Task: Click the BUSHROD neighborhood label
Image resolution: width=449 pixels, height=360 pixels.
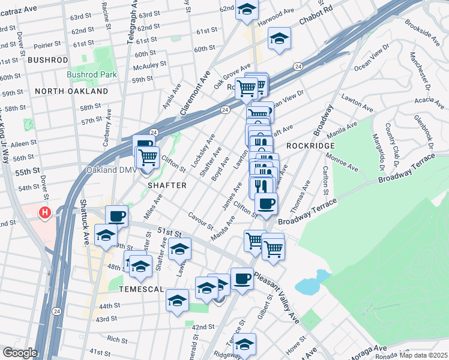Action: tap(48, 61)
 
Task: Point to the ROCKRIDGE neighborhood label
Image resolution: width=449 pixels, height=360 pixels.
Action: tap(310, 146)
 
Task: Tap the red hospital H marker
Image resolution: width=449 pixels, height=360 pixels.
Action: tap(44, 212)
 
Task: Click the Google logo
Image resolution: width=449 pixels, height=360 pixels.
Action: tap(20, 353)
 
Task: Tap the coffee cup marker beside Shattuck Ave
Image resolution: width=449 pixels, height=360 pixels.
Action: tap(116, 216)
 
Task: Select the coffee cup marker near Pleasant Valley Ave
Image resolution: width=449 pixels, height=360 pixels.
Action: tap(242, 278)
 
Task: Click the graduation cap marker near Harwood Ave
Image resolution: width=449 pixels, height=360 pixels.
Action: tap(247, 9)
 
